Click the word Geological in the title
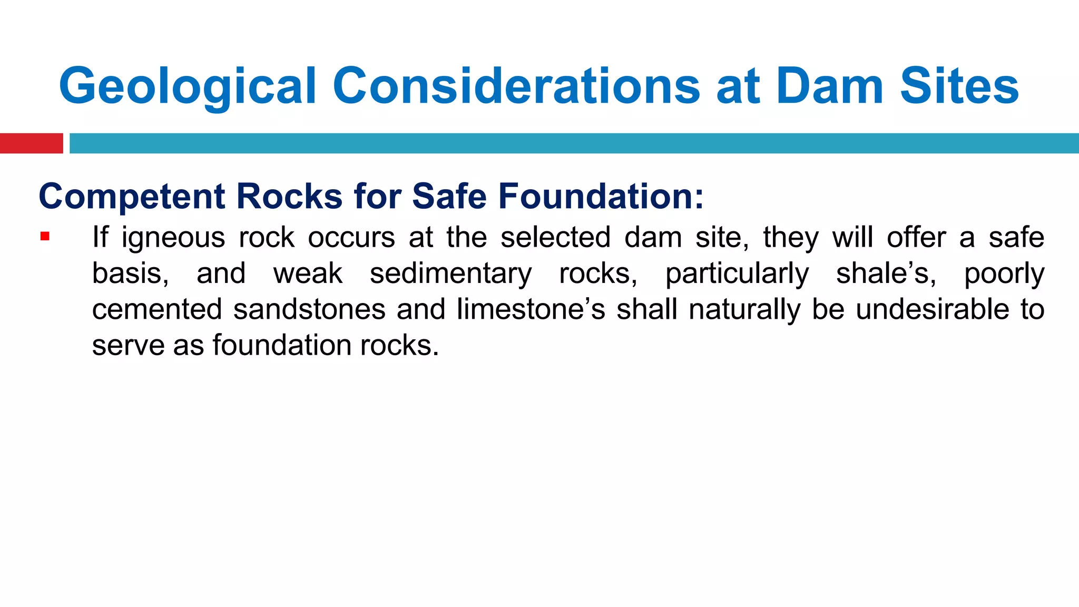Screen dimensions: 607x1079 coord(188,86)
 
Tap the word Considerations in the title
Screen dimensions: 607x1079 coord(516,86)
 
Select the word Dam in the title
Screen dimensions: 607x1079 coord(829,86)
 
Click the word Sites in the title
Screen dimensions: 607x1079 coord(959,86)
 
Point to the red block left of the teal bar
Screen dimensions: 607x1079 coord(31,143)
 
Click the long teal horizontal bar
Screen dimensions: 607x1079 coord(574,143)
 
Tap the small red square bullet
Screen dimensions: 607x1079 coord(45,236)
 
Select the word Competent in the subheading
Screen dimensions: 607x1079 coord(132,197)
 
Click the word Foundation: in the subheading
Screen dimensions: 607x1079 coord(601,197)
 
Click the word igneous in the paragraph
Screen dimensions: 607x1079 coord(173,238)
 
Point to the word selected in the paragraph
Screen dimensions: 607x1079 coord(555,238)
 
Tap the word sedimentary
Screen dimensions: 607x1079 coord(450,274)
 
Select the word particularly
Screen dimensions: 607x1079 coord(737,274)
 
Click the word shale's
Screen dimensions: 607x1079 coord(886,274)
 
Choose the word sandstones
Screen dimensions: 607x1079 coord(309,309)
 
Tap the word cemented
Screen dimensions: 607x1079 coord(157,309)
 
